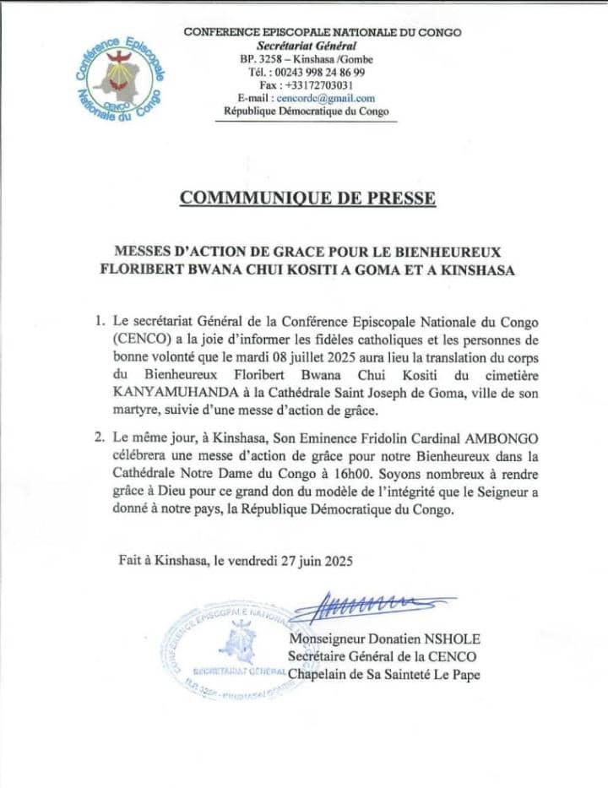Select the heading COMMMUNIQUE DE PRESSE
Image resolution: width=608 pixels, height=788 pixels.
307,198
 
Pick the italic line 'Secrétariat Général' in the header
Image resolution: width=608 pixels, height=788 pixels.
307,46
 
